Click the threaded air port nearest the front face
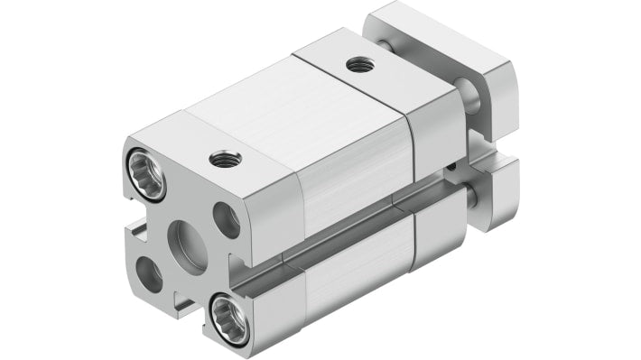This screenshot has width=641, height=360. pos(219,160)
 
